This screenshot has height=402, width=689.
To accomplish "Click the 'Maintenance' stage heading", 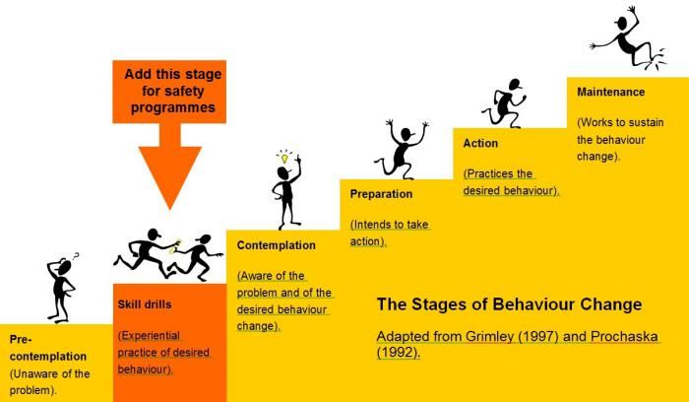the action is point(611,92).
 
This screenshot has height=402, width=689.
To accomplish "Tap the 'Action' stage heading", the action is point(480,144).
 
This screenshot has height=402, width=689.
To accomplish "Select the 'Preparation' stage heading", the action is point(381,194).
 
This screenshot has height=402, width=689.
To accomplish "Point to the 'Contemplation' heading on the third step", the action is point(276,245).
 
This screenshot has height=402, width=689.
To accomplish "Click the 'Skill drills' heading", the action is point(145,304).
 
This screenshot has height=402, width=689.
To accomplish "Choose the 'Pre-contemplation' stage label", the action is point(48,348).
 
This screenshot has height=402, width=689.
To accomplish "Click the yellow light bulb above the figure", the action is point(284,158).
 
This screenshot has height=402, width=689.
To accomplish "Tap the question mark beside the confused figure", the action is point(76,256).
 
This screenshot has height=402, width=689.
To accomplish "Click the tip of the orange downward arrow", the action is point(170,209).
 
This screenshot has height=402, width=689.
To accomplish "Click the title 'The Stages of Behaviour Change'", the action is point(509,304).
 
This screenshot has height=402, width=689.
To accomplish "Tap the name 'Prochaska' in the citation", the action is point(624,336).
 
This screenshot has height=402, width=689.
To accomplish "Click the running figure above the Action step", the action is point(504,103).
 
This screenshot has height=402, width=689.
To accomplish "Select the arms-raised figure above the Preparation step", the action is point(402,149).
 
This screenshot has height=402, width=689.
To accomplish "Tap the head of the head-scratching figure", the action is point(65,267).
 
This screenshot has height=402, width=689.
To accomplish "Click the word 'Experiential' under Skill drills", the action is point(150,336).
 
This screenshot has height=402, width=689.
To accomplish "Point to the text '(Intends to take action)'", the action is point(390,234).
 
